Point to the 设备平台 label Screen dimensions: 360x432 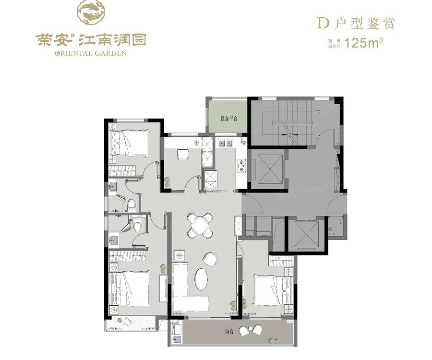229,118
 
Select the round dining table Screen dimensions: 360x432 199,224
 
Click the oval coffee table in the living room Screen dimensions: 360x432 202,279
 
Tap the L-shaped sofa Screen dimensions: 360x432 185,293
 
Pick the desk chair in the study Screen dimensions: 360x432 183,154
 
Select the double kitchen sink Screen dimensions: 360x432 225,142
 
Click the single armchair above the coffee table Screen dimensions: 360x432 210,259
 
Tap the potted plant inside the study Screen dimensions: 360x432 168,181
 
